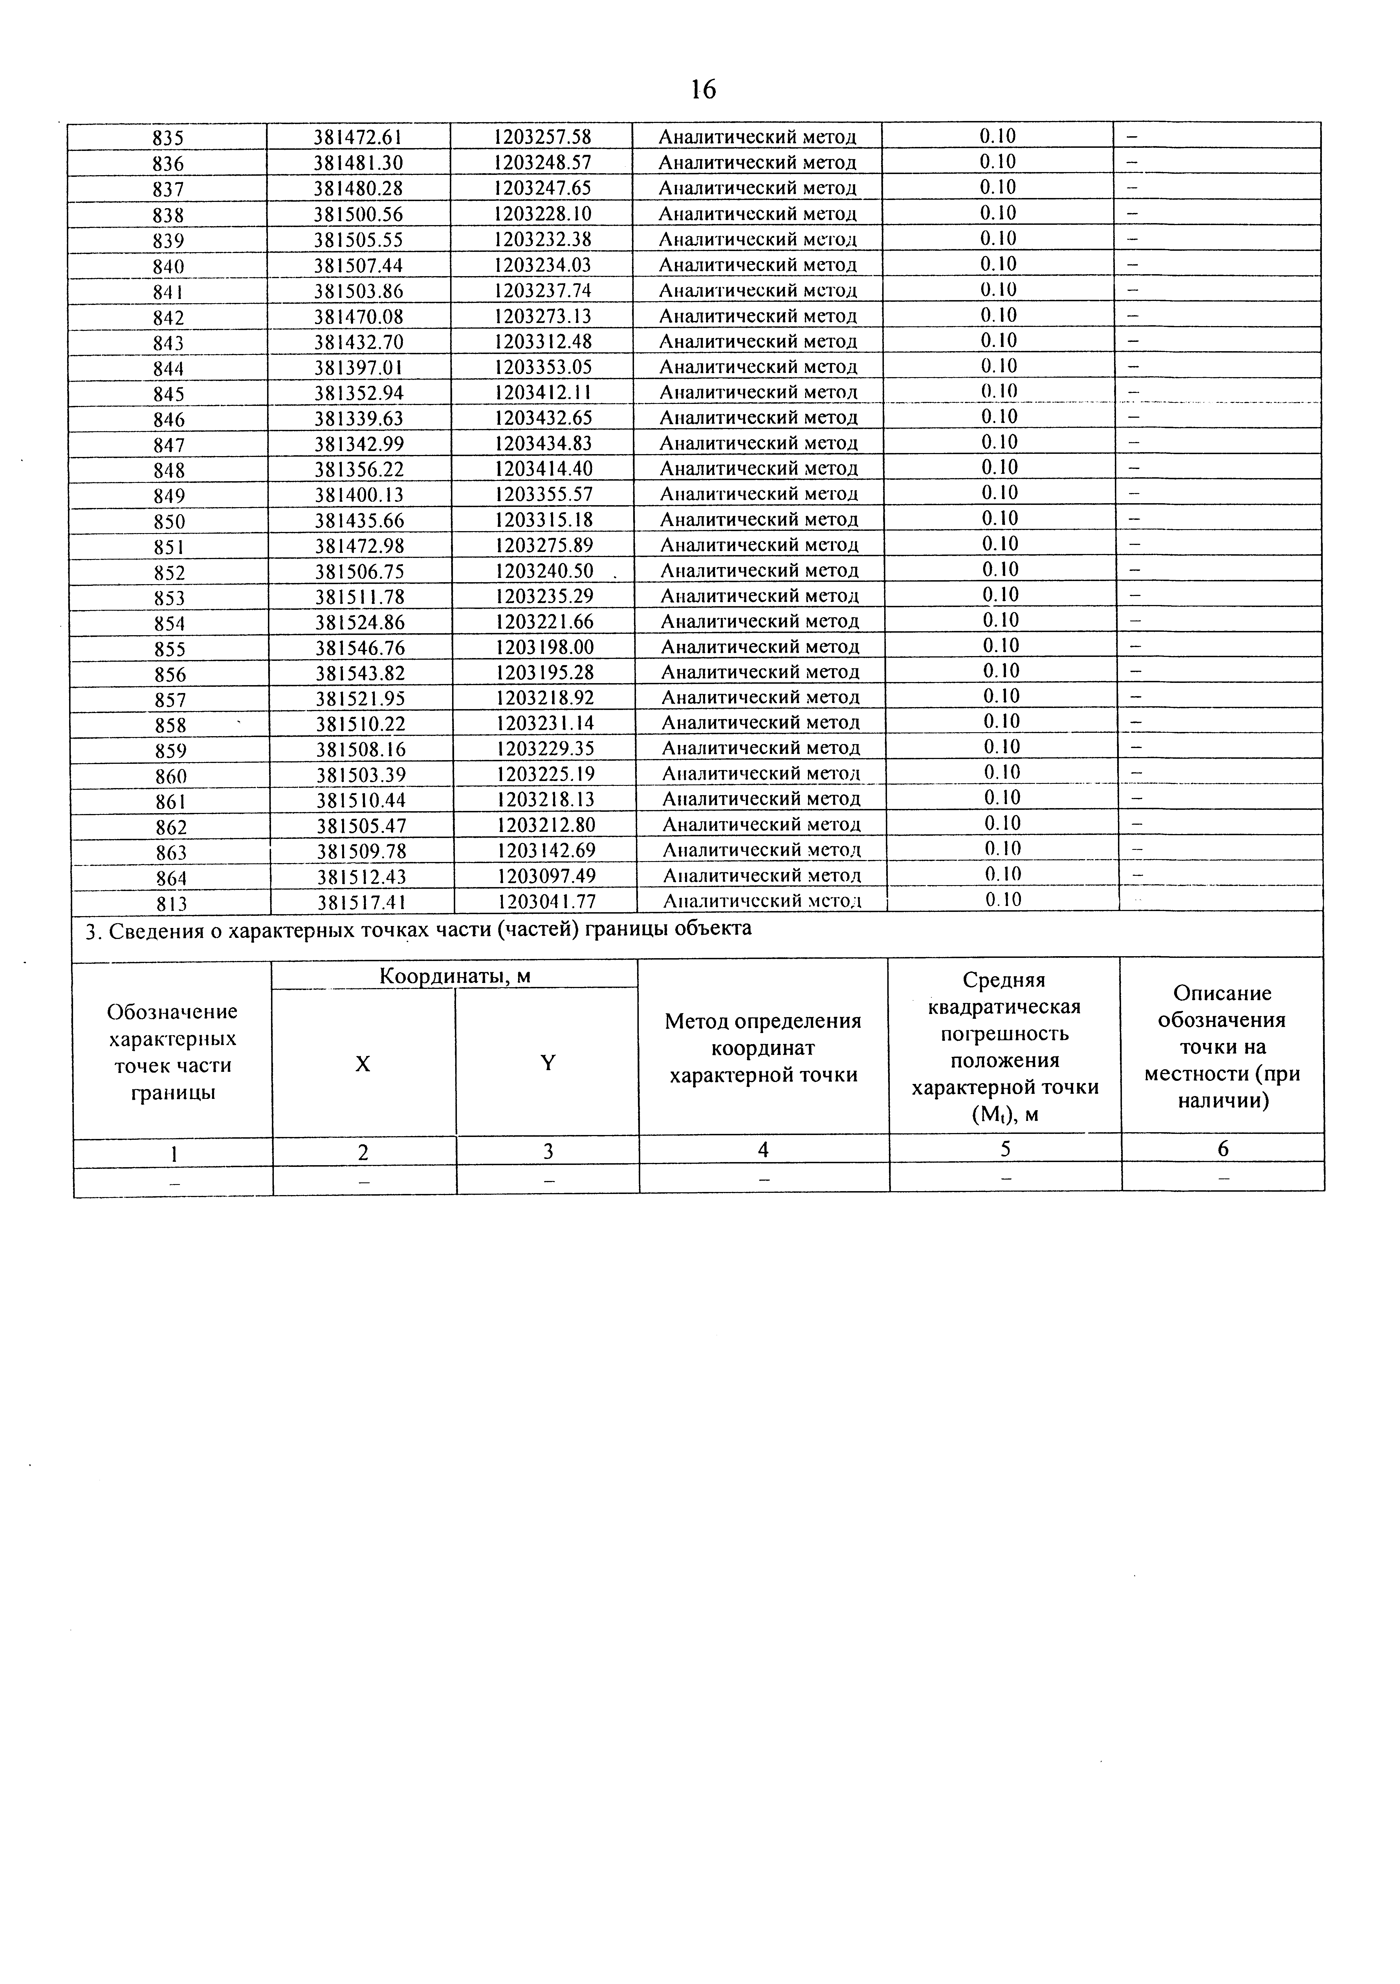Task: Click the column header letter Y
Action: (x=547, y=1063)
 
